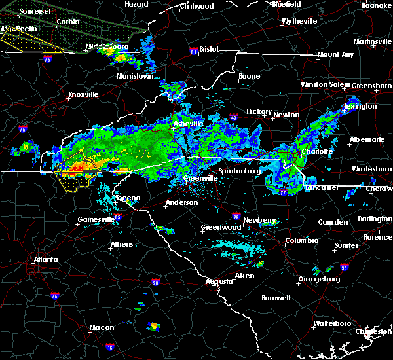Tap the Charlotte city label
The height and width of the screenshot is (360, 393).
(x=316, y=151)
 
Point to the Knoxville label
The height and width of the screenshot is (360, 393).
(x=83, y=94)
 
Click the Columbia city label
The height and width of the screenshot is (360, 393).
(x=302, y=240)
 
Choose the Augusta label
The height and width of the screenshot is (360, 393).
(x=219, y=281)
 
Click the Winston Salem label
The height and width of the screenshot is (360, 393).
(x=326, y=85)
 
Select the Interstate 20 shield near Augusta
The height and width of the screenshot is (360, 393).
(x=156, y=283)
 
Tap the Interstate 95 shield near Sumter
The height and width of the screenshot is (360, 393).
(x=345, y=268)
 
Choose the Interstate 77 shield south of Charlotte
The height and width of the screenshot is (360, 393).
(x=284, y=192)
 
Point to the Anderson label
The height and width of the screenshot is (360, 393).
(x=181, y=202)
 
